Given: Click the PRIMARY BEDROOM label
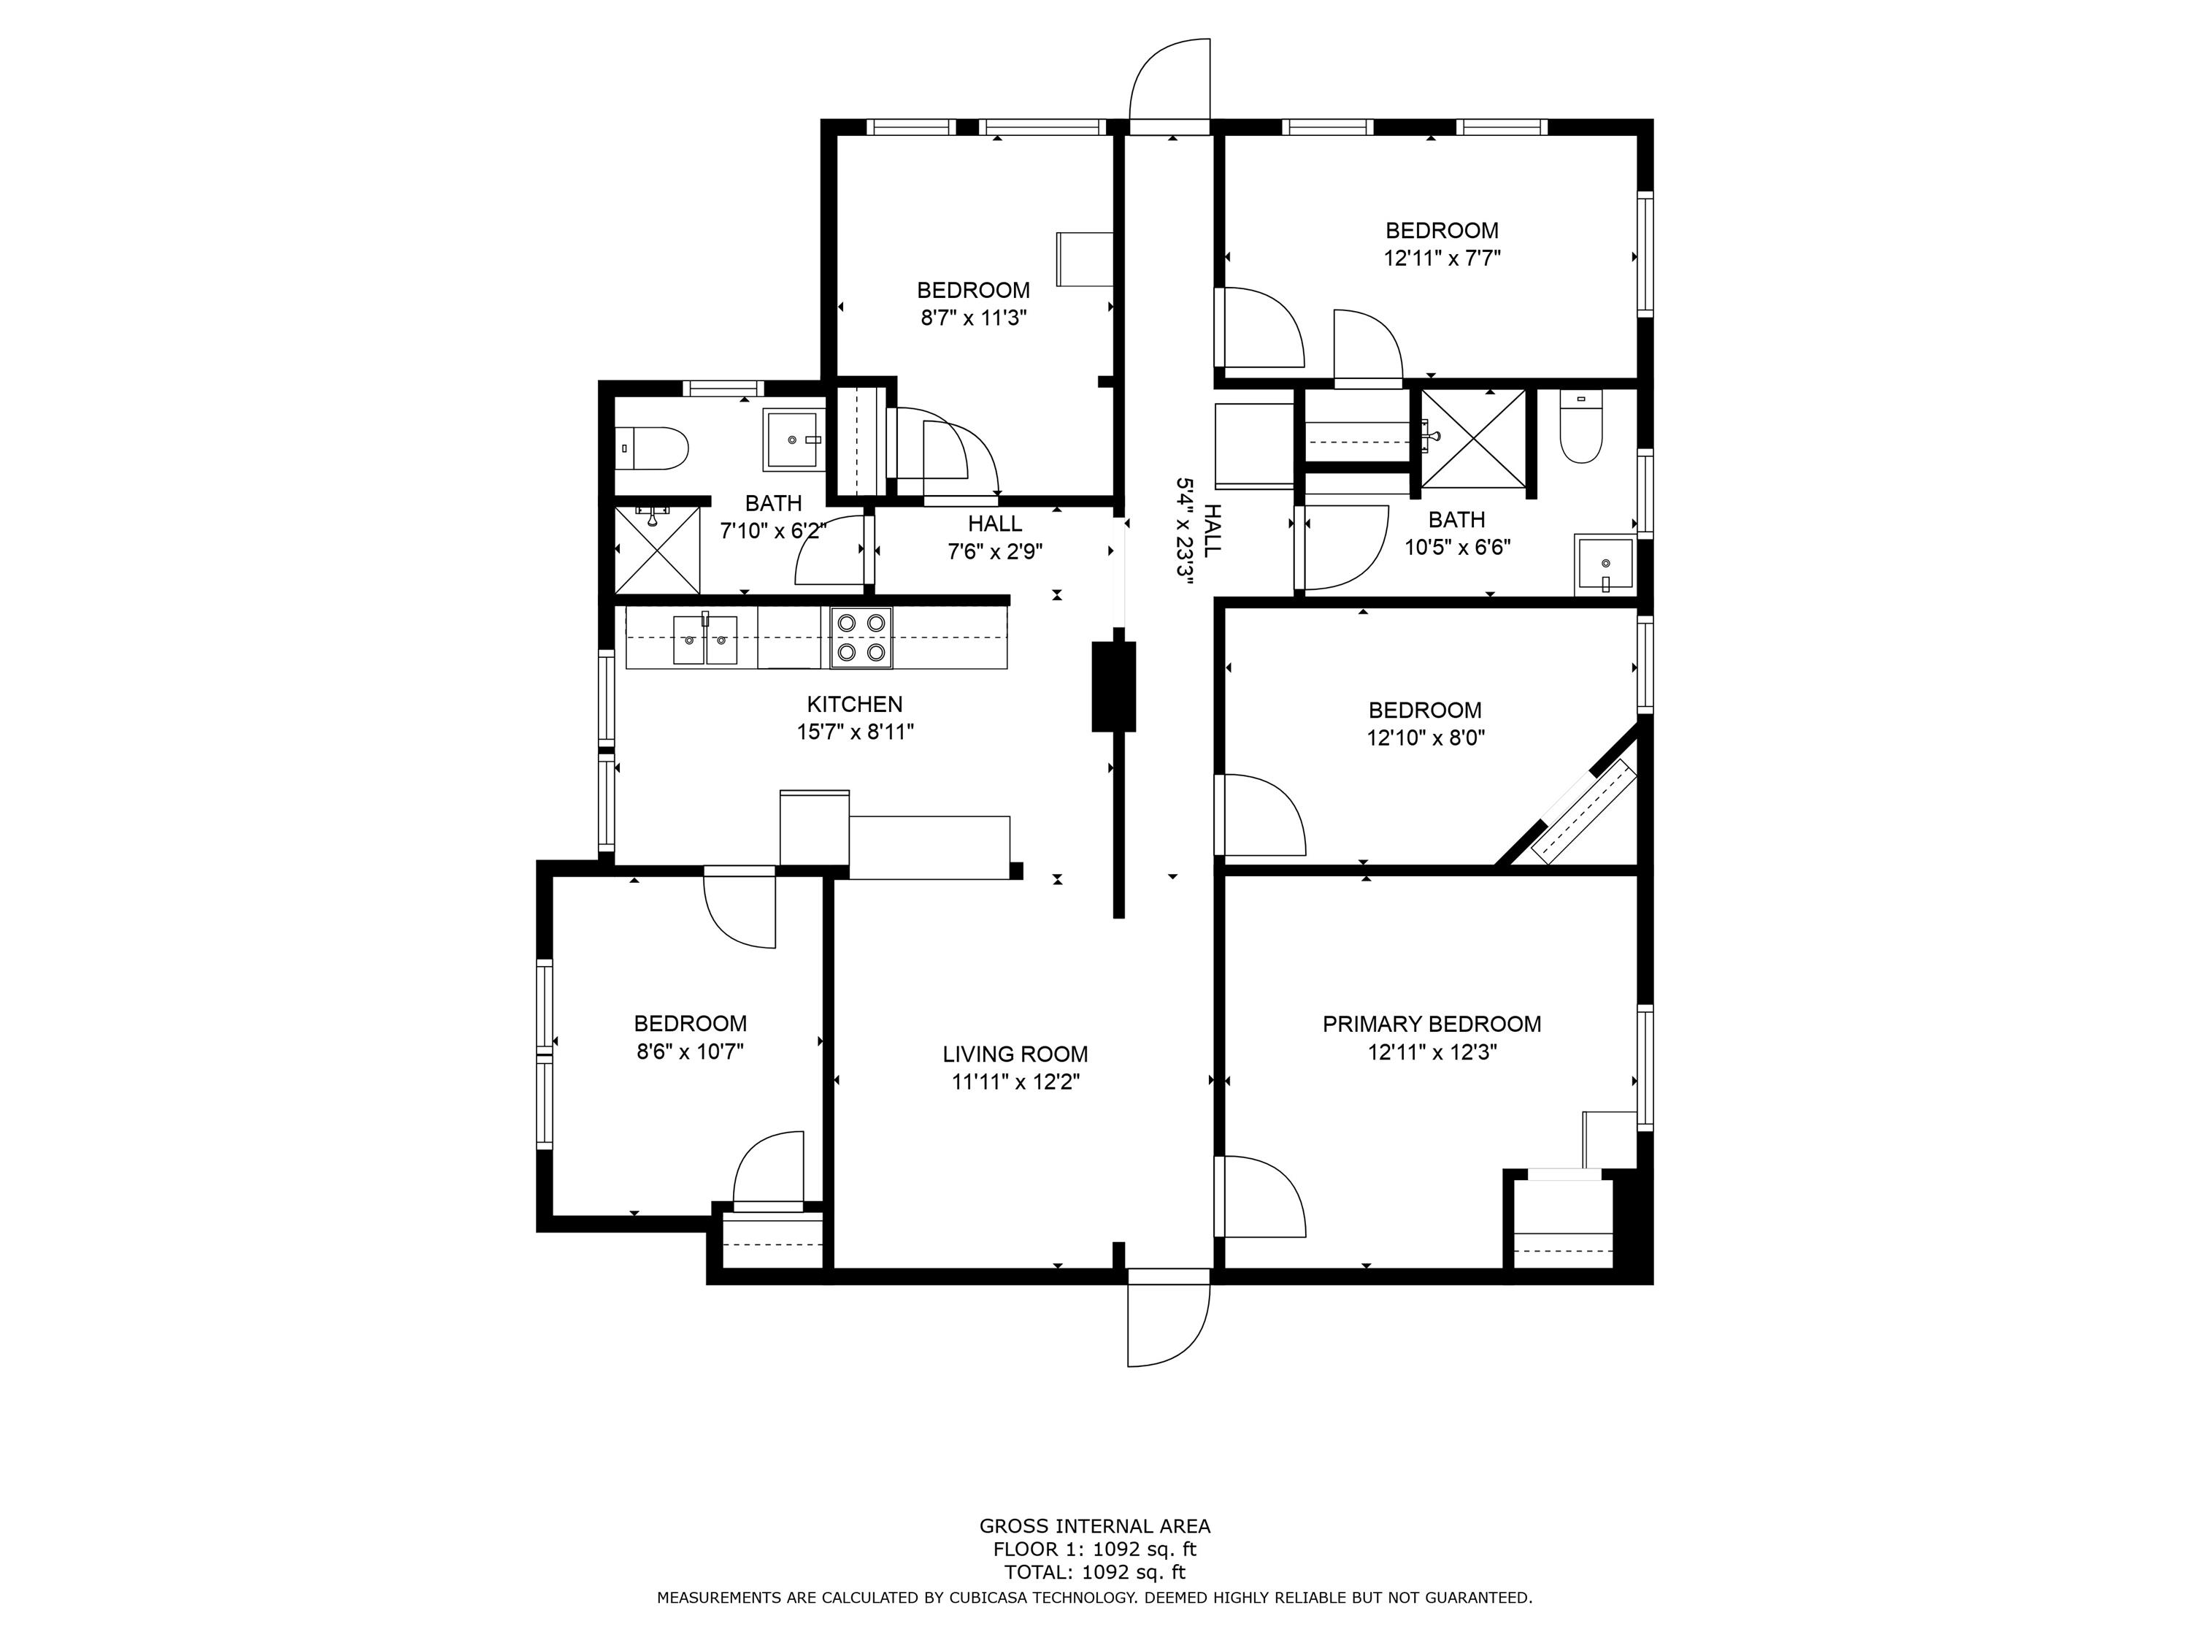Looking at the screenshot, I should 1432,1024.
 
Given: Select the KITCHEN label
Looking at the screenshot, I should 854,704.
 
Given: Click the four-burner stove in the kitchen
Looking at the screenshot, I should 861,637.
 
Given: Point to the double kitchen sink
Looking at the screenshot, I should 705,640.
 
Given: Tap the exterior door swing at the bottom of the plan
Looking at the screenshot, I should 1168,1325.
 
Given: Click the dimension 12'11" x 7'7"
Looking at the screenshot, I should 1442,258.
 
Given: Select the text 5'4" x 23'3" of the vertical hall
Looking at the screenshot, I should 1183,532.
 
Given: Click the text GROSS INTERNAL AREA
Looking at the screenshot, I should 1094,1526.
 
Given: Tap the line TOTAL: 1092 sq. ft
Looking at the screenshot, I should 1094,1571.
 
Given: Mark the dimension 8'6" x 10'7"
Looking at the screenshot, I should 690,1051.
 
